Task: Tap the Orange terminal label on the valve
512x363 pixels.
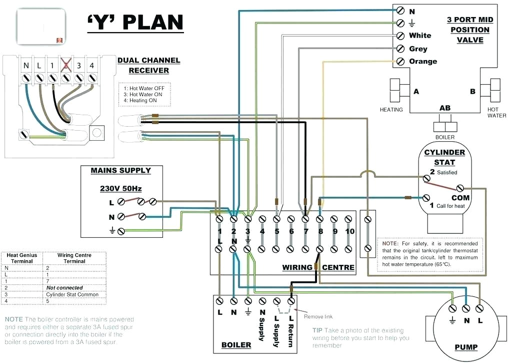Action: click(422, 62)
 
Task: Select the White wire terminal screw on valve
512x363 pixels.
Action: click(400, 36)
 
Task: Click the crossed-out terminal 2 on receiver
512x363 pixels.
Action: click(64, 65)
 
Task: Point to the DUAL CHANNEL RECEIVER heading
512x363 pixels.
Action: click(148, 66)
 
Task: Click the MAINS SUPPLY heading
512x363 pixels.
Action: click(120, 171)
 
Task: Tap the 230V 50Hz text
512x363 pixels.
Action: click(120, 189)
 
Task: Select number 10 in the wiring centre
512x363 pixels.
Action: click(349, 231)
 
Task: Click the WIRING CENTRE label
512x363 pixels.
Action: click(318, 267)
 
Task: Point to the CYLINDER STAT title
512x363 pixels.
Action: click(444, 157)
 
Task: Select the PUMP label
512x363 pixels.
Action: click(465, 347)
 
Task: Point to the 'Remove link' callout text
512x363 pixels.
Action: click(318, 316)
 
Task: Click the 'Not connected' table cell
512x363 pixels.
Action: click(64, 288)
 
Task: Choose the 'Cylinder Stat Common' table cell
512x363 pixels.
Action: click(72, 294)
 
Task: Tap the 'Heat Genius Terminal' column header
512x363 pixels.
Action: click(21, 258)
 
